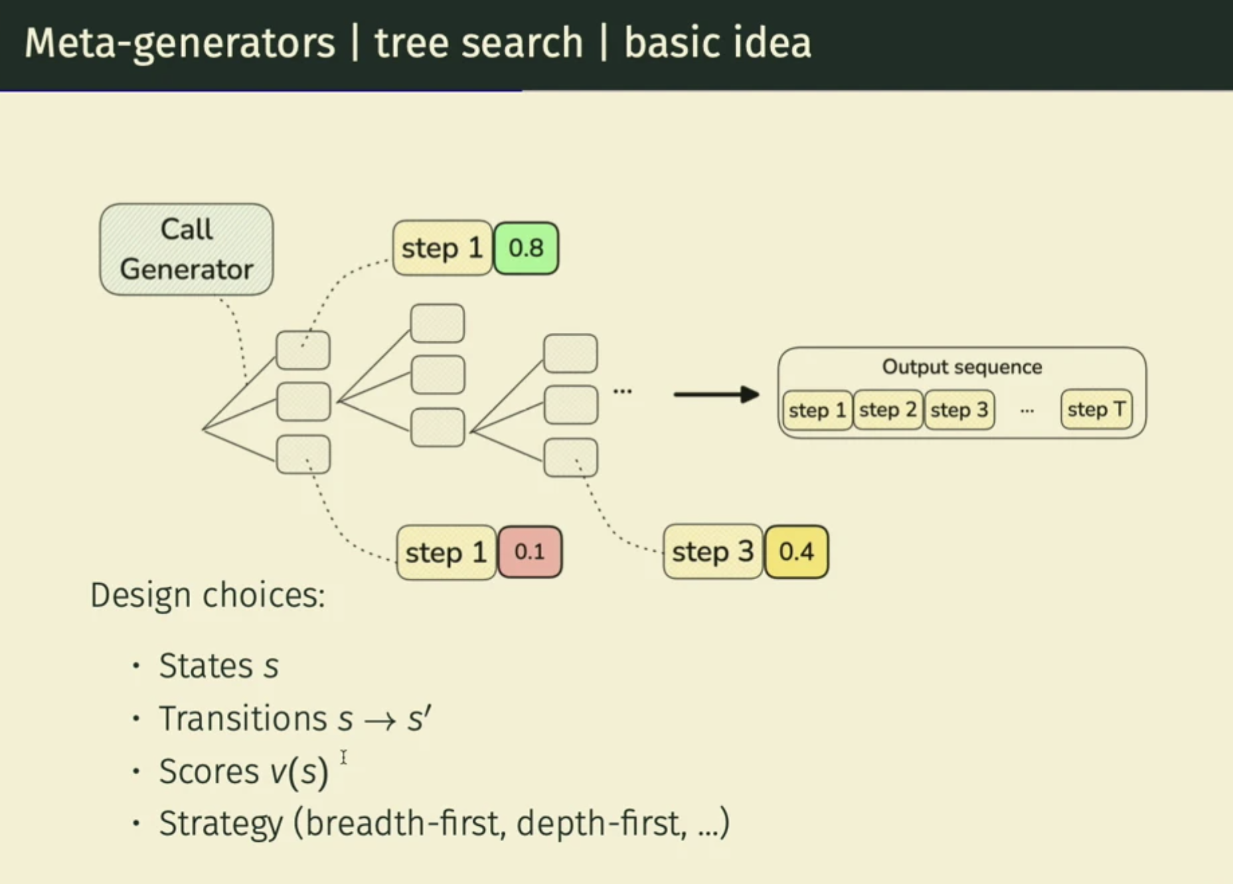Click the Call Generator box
coord(186,249)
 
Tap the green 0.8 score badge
coord(526,248)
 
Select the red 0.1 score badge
coord(529,552)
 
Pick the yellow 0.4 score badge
coord(796,552)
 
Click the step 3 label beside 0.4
coord(712,552)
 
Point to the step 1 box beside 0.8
coord(442,248)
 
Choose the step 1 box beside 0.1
coord(446,552)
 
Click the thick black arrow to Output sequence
coord(716,394)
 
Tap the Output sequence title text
coord(961,367)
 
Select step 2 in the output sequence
coord(888,409)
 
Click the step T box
coord(1096,409)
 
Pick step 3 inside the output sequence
coord(959,409)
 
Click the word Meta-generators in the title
coord(179,43)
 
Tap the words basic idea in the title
coord(717,43)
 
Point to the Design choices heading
coord(208,595)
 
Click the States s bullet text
coord(218,666)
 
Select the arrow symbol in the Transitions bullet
coord(380,721)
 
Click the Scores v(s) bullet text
coord(243,771)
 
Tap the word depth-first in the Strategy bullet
coord(600,823)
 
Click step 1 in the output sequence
coord(817,409)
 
